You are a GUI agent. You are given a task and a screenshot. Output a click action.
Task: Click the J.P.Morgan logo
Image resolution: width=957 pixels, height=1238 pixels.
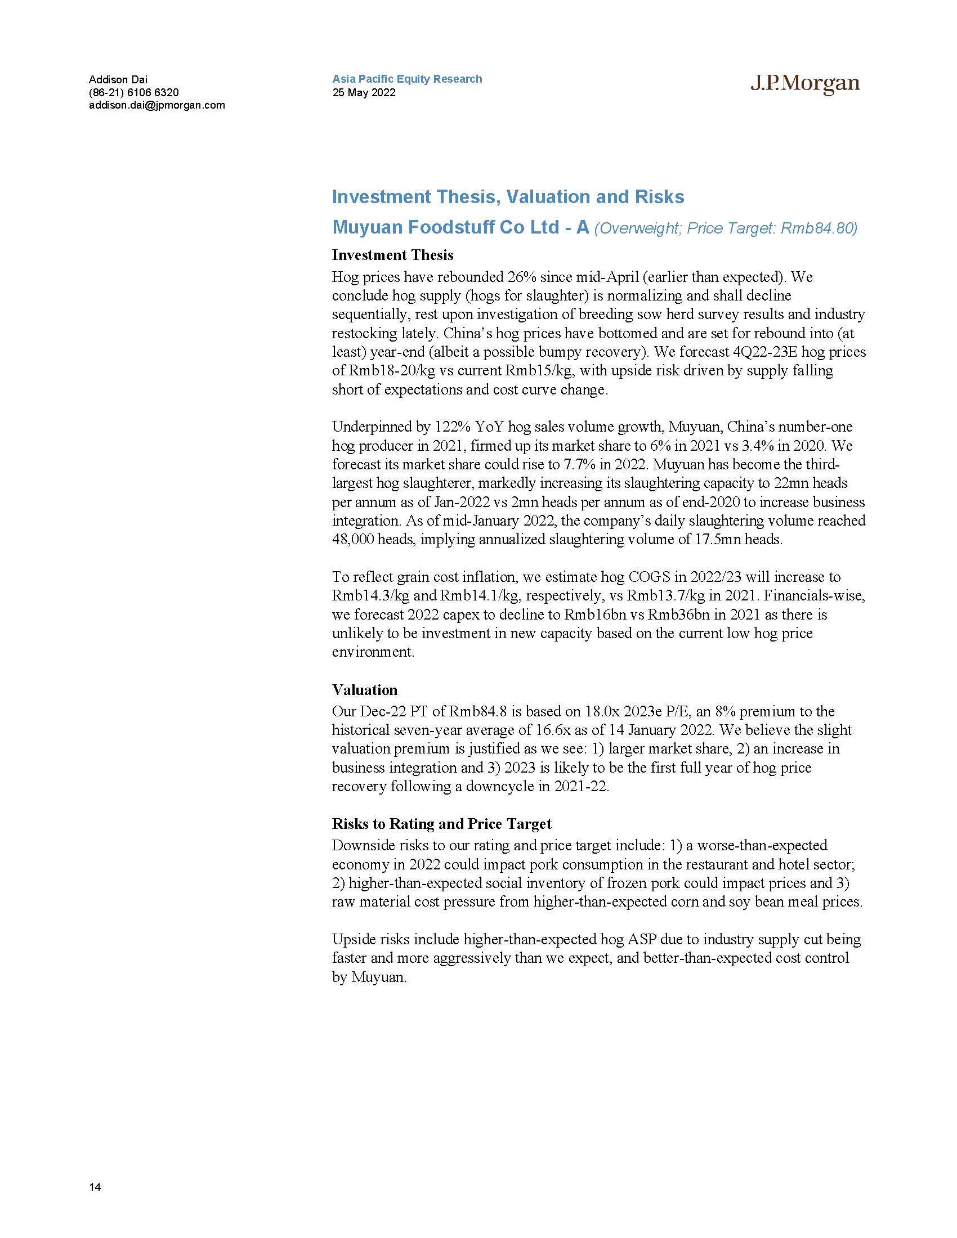(805, 83)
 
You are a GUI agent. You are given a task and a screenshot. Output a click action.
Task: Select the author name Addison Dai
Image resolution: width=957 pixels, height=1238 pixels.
(118, 79)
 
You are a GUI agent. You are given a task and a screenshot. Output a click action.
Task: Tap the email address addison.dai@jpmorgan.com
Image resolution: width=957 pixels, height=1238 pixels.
(157, 105)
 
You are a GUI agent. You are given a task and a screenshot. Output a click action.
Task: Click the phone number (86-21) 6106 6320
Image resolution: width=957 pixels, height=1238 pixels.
(134, 92)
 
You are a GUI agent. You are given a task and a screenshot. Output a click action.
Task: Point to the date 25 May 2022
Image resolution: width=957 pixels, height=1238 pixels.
(364, 92)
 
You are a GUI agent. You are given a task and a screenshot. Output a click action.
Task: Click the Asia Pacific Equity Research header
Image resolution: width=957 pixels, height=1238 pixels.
(407, 79)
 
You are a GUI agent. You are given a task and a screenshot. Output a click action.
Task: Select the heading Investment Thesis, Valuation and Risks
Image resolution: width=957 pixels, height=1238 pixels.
(508, 197)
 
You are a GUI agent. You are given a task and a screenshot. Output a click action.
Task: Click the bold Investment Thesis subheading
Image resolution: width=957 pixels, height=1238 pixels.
(392, 255)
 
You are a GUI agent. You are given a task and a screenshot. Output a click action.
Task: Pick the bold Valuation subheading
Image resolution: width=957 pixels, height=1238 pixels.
(365, 690)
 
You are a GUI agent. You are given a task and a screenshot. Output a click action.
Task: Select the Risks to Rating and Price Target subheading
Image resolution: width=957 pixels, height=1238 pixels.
(442, 824)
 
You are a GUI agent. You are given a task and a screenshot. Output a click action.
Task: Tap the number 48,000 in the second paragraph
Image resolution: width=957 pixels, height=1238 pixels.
(352, 539)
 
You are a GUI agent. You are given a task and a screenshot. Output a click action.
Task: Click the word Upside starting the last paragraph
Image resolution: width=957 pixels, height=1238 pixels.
(351, 939)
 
